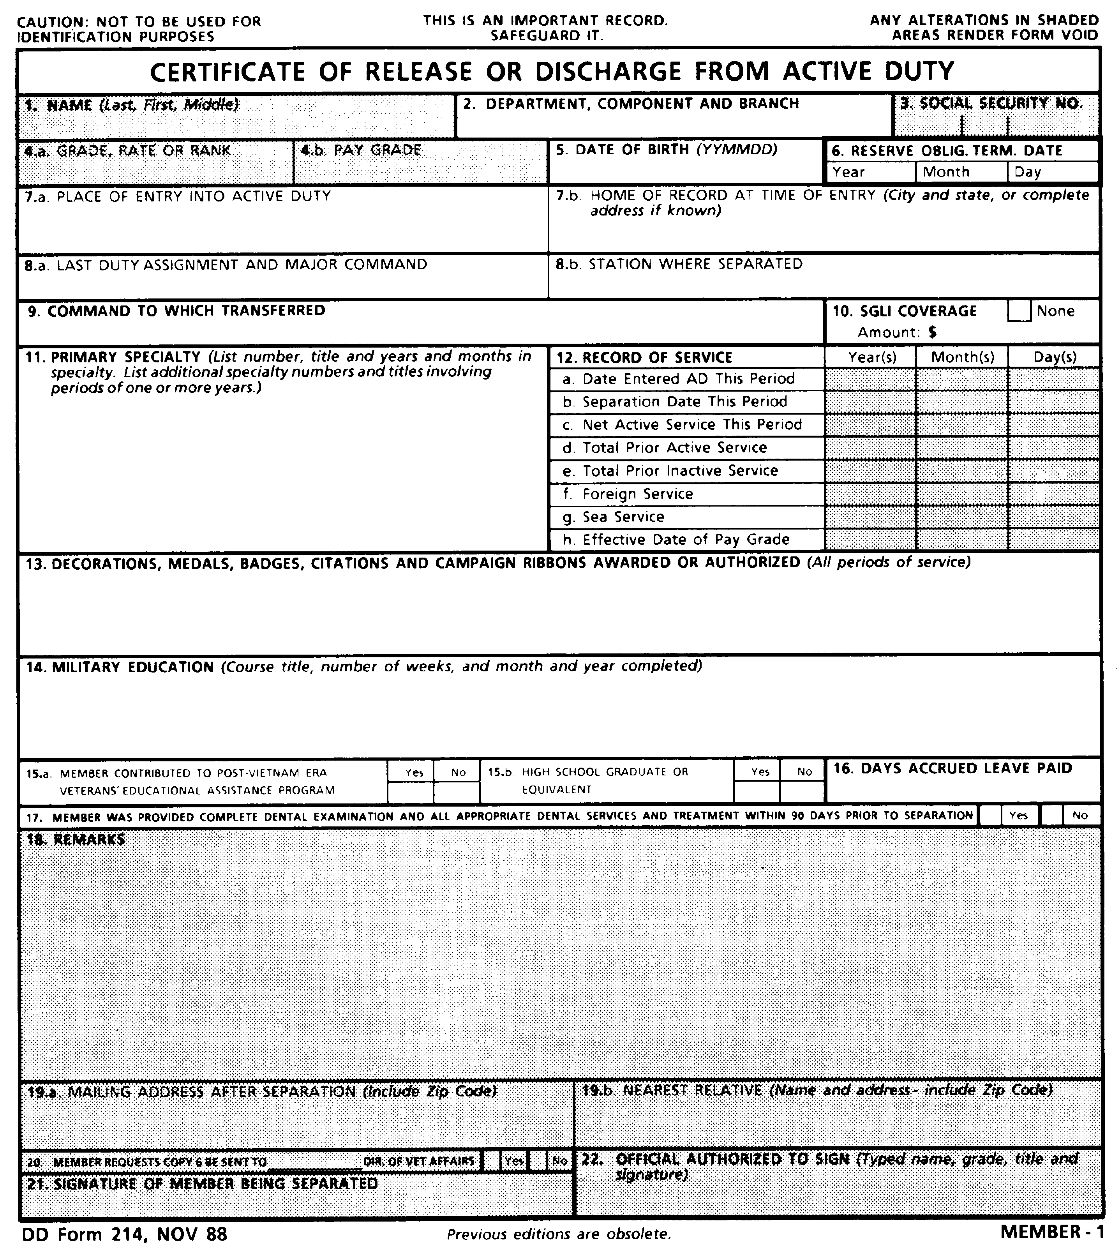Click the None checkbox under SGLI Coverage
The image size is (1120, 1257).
coord(1019,311)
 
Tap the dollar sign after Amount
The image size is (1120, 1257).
coord(933,332)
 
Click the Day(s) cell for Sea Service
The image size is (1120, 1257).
coord(1053,517)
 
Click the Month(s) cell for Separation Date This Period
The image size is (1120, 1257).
coord(962,402)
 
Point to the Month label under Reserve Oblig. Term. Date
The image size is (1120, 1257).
coord(946,172)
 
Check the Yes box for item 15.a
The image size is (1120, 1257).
coord(411,792)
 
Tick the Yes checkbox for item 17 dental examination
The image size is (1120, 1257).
coord(990,816)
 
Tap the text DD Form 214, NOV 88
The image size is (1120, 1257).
coord(124,1234)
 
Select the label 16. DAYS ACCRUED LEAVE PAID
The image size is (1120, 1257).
coord(952,768)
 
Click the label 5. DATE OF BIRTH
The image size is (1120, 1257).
coord(666,150)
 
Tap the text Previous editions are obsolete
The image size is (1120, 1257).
coord(558,1234)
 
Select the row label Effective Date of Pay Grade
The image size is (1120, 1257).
coord(686,540)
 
